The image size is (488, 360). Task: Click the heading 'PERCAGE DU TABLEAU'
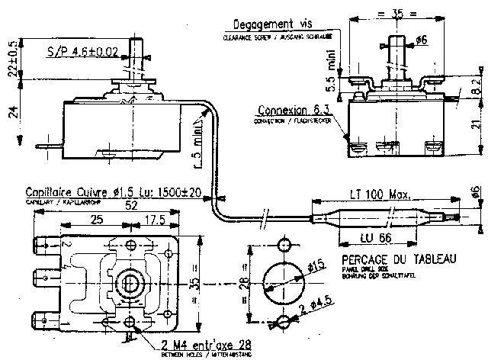tap(395, 259)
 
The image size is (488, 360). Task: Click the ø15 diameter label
tap(314, 267)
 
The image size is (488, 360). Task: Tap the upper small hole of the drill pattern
tap(284, 245)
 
